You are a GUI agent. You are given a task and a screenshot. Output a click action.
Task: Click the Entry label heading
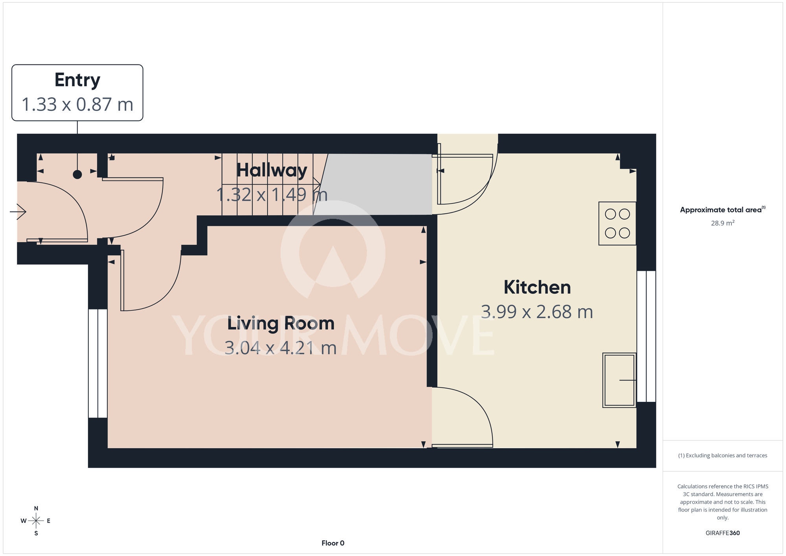tap(77, 80)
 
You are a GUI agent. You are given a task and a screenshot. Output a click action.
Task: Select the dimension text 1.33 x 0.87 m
tap(77, 105)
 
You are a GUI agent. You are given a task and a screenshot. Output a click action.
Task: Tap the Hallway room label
tap(272, 170)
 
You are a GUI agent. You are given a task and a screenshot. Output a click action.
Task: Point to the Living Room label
tap(281, 323)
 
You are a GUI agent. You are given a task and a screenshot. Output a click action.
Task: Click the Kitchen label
tap(537, 287)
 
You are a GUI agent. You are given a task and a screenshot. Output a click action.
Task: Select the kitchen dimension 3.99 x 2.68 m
tap(537, 312)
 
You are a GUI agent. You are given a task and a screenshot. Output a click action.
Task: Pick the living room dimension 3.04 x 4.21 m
tap(281, 348)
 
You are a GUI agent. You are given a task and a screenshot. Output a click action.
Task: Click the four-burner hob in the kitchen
tap(617, 223)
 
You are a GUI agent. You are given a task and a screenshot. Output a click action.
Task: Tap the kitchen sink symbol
tap(619, 380)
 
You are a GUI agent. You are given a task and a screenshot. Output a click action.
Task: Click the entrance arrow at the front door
tap(18, 212)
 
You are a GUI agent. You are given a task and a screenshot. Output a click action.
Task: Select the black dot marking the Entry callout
tap(77, 175)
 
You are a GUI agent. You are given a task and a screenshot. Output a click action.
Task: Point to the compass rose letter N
tap(36, 508)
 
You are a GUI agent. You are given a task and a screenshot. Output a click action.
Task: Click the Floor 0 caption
tap(333, 543)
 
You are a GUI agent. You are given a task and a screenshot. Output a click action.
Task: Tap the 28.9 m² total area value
tap(723, 223)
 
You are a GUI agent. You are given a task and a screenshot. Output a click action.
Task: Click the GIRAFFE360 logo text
tap(723, 533)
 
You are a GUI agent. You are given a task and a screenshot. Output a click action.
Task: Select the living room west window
tap(98, 363)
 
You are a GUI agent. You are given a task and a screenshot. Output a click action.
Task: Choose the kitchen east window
tap(646, 336)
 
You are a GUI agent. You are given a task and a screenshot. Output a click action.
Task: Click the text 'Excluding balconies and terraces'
tap(727, 455)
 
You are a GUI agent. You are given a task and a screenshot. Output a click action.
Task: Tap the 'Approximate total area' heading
tap(721, 210)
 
